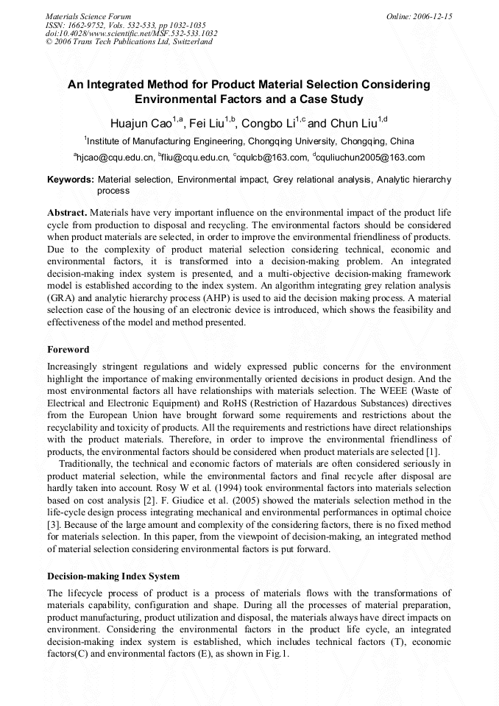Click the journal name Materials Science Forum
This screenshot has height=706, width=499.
tap(88, 15)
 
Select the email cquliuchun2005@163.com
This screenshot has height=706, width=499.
tap(370, 158)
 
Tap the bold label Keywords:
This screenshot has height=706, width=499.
tap(71, 179)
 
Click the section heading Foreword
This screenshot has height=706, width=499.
tap(68, 350)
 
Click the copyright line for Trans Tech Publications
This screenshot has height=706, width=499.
tap(129, 42)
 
